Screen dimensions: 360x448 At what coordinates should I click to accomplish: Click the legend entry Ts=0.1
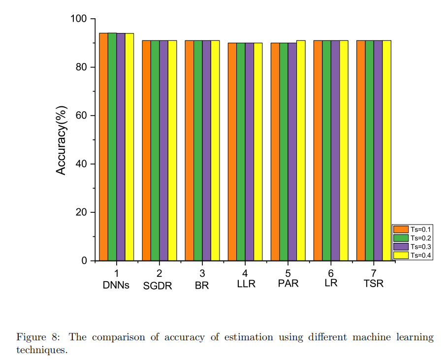pos(420,229)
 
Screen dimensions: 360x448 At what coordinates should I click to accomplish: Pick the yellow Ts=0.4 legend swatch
pos(401,255)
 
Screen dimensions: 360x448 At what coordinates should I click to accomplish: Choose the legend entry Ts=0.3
pos(420,246)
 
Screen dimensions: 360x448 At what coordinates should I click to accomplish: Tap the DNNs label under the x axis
pos(116,285)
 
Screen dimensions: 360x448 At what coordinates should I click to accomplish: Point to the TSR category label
pos(374,284)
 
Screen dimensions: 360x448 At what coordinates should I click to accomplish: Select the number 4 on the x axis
pos(245,273)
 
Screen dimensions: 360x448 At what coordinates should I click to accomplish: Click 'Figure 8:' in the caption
pos(38,337)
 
